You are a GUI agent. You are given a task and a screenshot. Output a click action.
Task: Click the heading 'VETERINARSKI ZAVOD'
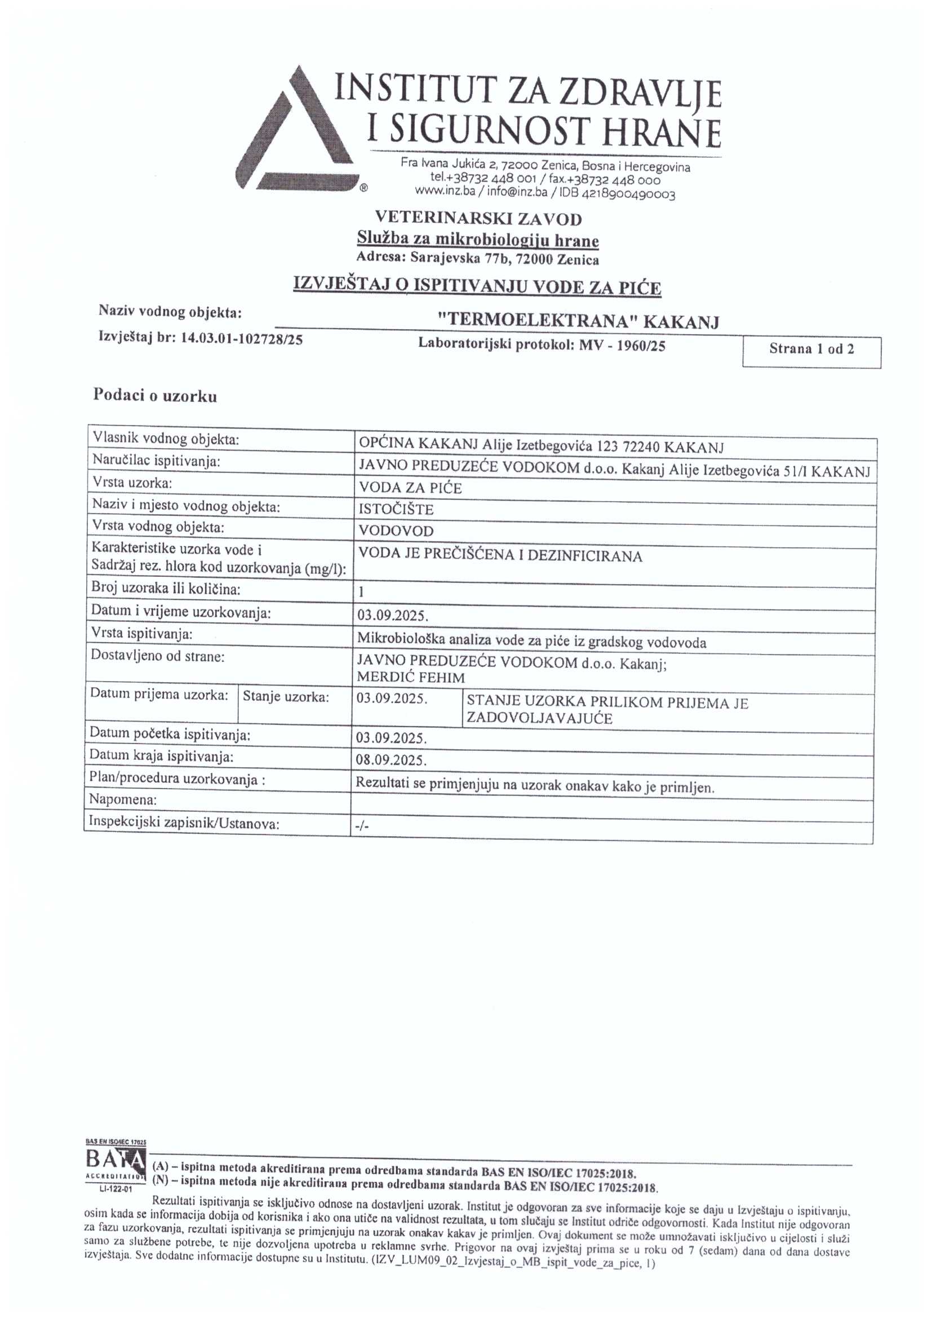(x=478, y=219)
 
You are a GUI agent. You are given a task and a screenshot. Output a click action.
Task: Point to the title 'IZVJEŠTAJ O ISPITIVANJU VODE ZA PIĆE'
(x=477, y=286)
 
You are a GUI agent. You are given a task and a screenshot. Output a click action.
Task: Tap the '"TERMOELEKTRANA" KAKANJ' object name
(x=578, y=321)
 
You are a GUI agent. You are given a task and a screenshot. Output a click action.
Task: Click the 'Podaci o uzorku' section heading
(x=155, y=396)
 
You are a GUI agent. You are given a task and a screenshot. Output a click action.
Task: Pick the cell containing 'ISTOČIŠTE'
(x=396, y=509)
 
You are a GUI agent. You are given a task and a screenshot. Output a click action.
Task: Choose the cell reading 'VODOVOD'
(x=396, y=531)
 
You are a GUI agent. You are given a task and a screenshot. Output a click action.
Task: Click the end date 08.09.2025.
(x=392, y=760)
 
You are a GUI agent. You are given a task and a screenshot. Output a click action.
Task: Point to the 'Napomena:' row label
(x=123, y=799)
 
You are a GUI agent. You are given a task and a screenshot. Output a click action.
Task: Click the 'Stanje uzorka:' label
(x=286, y=697)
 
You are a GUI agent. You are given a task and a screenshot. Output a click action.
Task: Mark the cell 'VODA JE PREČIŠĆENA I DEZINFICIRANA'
(x=500, y=556)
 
